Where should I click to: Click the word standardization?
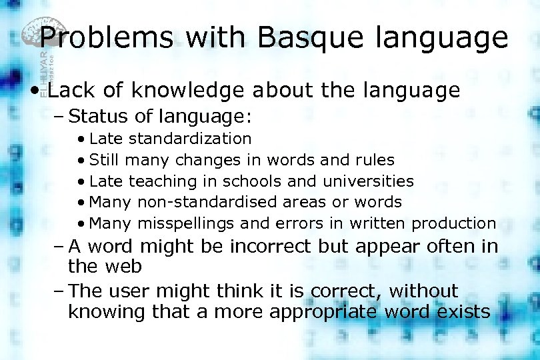190,139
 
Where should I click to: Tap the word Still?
105,160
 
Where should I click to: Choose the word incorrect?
271,247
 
